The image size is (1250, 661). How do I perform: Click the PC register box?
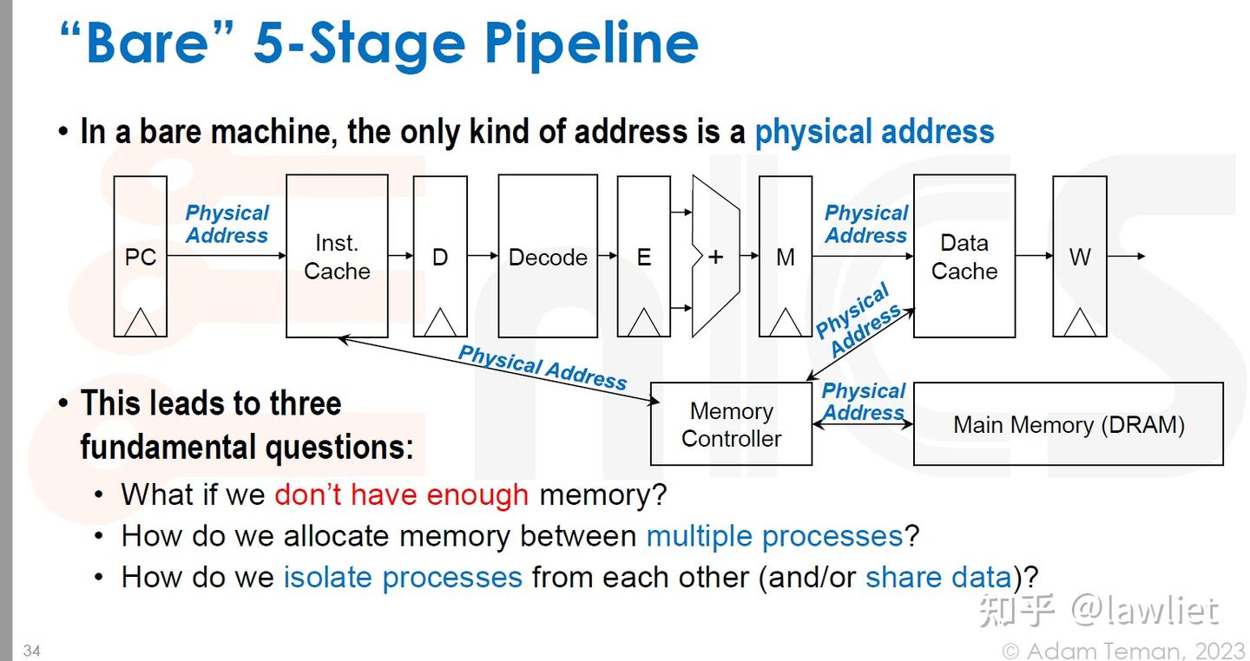tap(141, 257)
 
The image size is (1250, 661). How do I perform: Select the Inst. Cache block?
tap(337, 257)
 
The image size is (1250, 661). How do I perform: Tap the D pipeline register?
tap(440, 257)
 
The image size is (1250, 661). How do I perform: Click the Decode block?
tap(548, 257)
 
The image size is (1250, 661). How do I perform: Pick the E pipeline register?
tap(643, 257)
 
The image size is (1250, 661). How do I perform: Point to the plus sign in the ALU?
tap(715, 257)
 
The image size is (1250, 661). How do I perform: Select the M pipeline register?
tap(786, 257)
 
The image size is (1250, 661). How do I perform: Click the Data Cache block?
tap(964, 257)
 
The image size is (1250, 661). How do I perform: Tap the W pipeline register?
tap(1079, 257)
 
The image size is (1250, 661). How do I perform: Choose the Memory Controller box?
tap(731, 424)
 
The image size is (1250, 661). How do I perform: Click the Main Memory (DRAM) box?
tap(1069, 424)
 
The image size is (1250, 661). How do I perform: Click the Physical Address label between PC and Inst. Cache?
tap(227, 224)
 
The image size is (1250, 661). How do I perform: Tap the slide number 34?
tap(32, 651)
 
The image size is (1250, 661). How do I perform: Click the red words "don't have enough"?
tap(401, 494)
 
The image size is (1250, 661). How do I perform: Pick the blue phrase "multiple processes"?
tap(774, 536)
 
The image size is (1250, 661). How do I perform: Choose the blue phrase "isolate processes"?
tap(403, 577)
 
